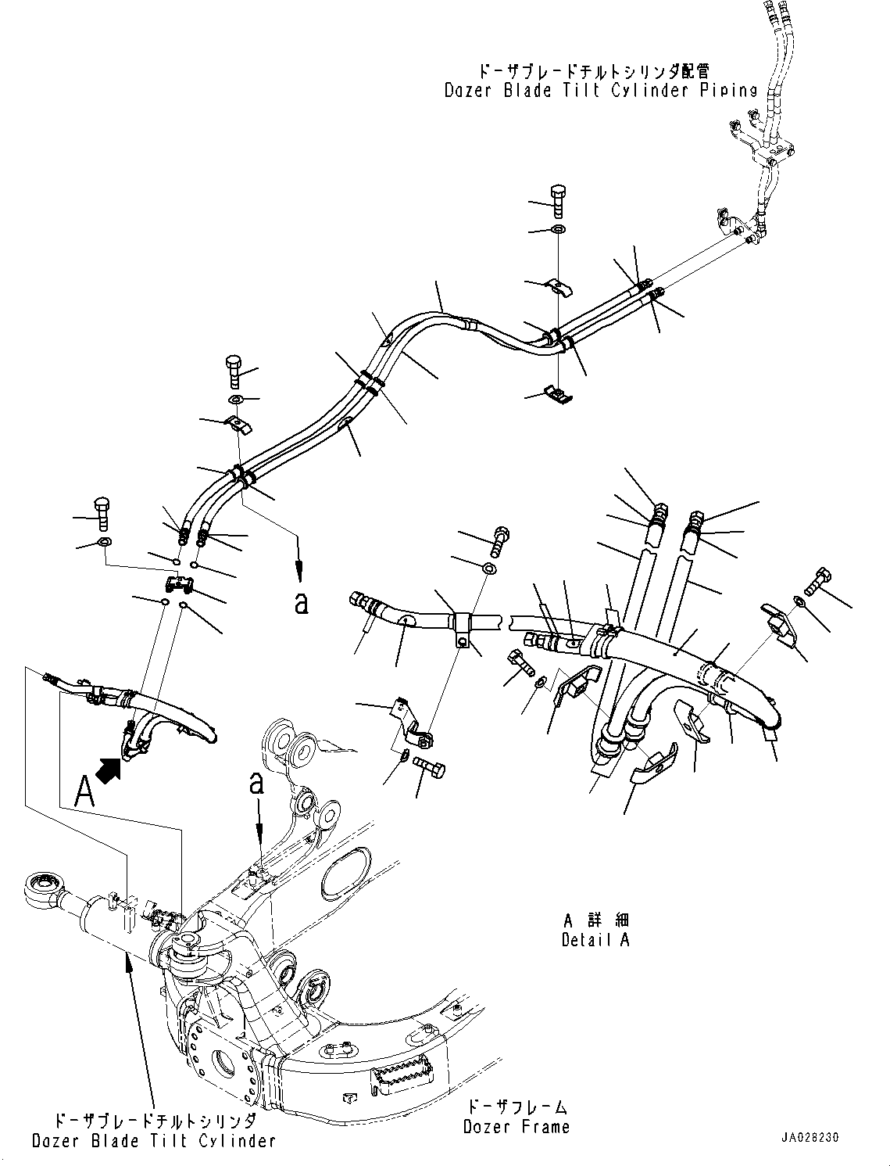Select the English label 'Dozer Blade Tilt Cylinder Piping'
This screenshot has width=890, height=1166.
(x=601, y=90)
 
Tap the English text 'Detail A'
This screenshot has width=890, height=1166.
(x=595, y=940)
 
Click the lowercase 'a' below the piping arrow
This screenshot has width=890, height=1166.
(x=301, y=603)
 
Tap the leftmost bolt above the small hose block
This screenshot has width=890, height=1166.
(x=102, y=514)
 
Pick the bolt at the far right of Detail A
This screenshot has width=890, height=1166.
(x=818, y=580)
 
